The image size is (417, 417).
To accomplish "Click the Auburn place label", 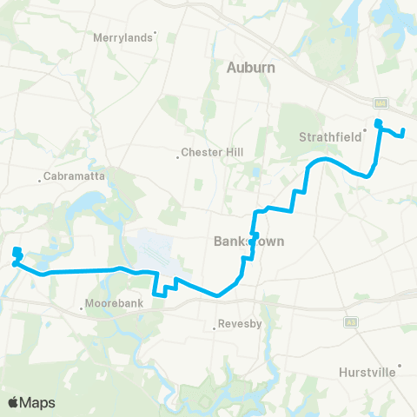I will [x=250, y=67].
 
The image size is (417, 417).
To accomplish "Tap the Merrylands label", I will [x=122, y=38].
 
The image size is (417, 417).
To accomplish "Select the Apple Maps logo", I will [x=30, y=402].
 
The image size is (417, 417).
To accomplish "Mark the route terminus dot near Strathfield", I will [x=378, y=122].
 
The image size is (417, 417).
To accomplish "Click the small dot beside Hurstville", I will [x=400, y=366].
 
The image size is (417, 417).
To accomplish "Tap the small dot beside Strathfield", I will [x=364, y=135].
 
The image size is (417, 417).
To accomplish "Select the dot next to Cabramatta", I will [x=41, y=181].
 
